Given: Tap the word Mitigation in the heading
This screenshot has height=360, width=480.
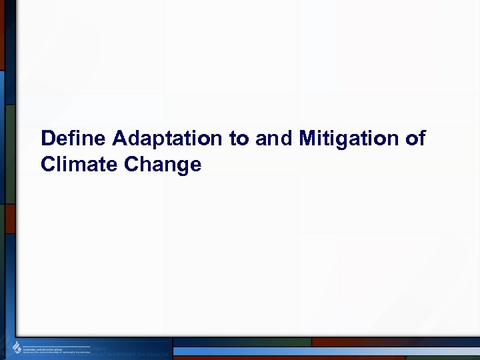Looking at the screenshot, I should pyautogui.click(x=345, y=139).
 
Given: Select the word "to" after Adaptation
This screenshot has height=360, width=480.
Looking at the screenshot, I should pyautogui.click(x=238, y=139).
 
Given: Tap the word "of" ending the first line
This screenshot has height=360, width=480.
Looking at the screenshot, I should pyautogui.click(x=414, y=139).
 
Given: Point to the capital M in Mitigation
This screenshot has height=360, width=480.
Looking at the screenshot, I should pyautogui.click(x=308, y=139).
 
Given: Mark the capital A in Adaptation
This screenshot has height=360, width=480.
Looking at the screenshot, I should pyautogui.click(x=120, y=139).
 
